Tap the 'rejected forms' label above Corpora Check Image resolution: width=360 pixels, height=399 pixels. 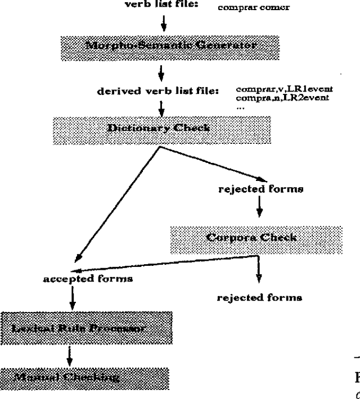tap(260, 189)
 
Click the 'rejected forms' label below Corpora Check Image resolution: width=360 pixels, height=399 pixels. tap(259, 297)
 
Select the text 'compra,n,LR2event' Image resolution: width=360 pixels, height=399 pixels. tap(282, 97)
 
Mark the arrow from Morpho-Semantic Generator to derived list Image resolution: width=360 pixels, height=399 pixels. tap(161, 72)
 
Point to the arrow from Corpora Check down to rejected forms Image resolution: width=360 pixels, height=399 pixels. tap(258, 270)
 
